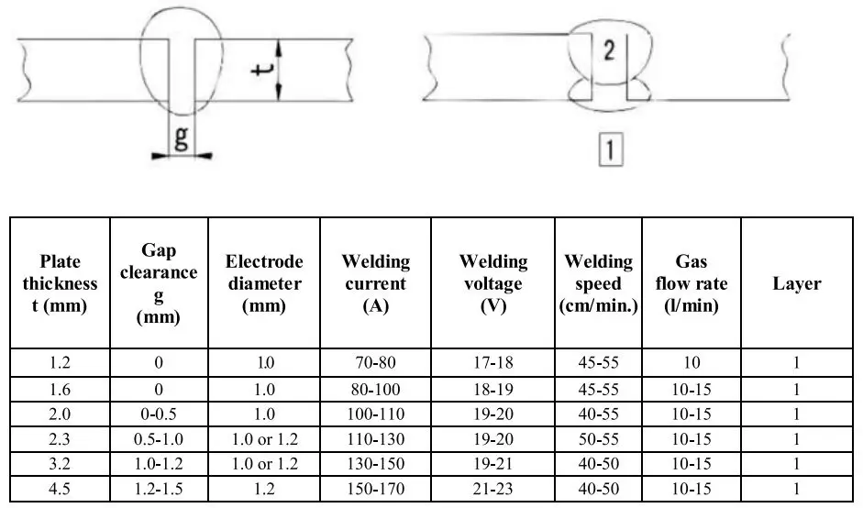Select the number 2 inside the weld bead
607,52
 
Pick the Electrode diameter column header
264,283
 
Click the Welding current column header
376,283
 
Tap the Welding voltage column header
493,283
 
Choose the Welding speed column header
599,283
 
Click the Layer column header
796,283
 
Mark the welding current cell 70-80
376,362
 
